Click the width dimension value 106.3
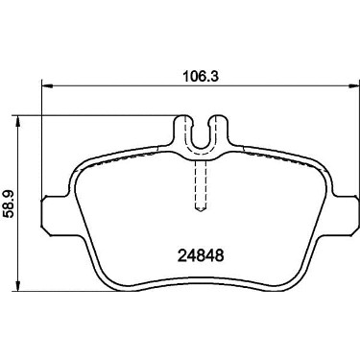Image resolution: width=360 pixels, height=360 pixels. pyautogui.click(x=201, y=77)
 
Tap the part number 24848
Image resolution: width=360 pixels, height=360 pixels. pyautogui.click(x=200, y=255)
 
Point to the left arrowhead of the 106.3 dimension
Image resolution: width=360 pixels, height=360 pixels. pyautogui.click(x=47, y=85)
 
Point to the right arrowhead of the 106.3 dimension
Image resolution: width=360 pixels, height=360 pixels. pyautogui.click(x=354, y=85)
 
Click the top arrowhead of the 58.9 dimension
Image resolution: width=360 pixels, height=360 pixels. pyautogui.click(x=18, y=121)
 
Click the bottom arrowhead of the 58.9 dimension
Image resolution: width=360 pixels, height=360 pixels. pyautogui.click(x=18, y=286)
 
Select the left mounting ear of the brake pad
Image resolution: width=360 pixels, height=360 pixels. pyautogui.click(x=55, y=215)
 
